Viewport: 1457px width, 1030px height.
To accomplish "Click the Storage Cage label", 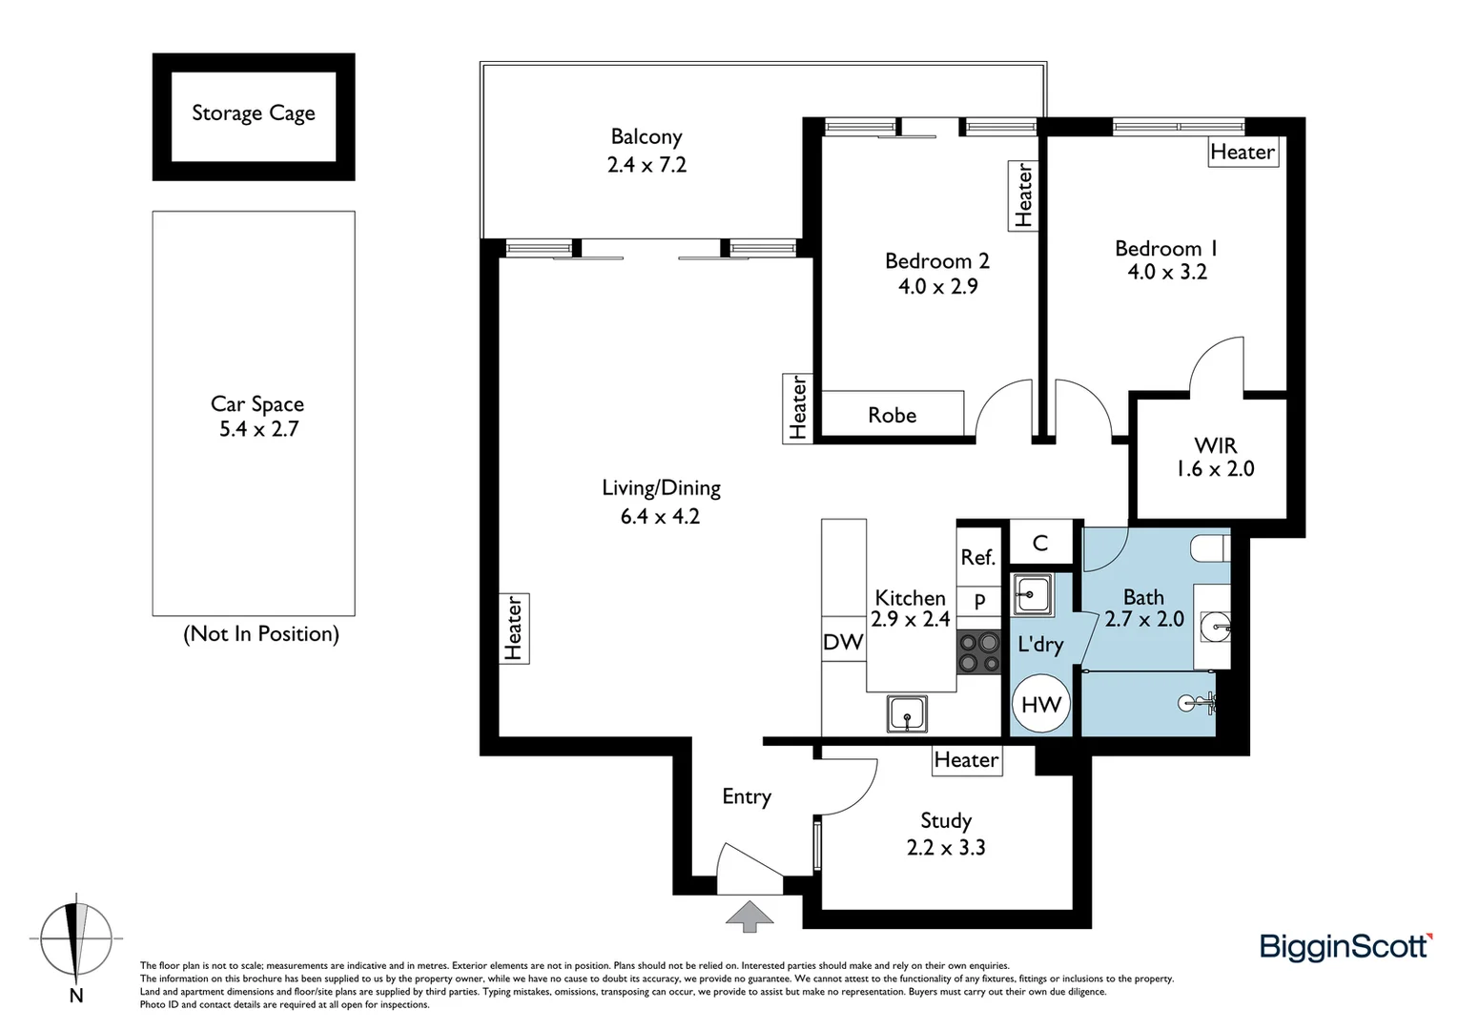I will coord(253,113).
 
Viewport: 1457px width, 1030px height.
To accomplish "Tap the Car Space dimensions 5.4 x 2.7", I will coord(258,429).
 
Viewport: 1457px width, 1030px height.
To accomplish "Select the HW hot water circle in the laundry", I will coord(1040,705).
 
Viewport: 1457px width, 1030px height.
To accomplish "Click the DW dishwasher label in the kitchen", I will coord(843,643).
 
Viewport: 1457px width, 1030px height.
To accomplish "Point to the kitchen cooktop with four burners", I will coord(979,653).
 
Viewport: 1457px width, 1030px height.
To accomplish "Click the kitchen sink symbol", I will coord(906,713).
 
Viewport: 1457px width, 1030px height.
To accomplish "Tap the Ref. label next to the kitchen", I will coord(977,557).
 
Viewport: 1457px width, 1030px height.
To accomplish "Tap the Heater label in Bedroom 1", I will coord(1242,152).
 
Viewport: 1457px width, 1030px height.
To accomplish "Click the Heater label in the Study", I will coord(966,760).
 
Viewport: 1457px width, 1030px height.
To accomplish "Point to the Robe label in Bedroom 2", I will coord(892,415).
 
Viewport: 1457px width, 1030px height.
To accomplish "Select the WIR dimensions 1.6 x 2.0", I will coord(1215,469).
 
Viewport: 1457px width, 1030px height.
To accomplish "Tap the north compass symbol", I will coord(76,940).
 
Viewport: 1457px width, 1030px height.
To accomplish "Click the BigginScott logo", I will coord(1345,946).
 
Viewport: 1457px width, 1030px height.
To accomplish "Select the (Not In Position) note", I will coord(260,634).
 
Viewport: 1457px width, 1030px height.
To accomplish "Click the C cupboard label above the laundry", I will coord(1040,543).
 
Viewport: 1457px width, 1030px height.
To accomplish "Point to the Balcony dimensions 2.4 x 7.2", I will coord(646,165).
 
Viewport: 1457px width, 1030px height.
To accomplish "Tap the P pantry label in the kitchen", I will coord(979,603).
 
